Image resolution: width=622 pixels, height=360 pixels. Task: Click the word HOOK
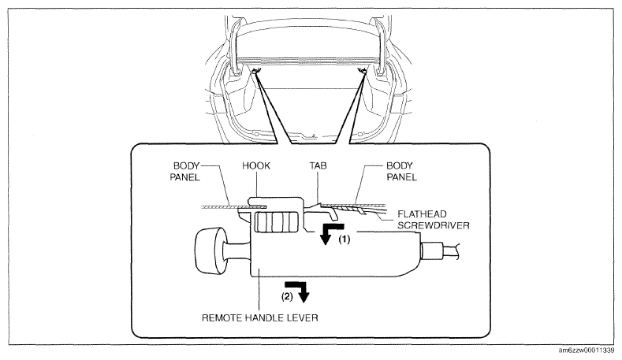[256, 165]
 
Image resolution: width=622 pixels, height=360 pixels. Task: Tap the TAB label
[318, 165]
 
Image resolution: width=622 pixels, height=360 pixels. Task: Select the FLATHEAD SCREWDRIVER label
[433, 220]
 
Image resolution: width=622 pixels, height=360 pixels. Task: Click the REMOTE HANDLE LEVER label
[260, 318]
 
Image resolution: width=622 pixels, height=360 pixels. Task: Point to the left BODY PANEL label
[184, 171]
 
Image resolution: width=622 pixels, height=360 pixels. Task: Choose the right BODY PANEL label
[401, 171]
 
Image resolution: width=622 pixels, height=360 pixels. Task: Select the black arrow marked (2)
[297, 290]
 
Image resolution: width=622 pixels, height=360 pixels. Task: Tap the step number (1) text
[344, 239]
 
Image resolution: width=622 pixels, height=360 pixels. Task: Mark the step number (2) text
[287, 296]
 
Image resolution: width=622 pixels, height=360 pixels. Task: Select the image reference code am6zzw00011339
[587, 351]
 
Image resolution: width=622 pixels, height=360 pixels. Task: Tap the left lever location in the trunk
[255, 71]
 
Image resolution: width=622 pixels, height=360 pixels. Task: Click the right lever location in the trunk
[362, 71]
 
